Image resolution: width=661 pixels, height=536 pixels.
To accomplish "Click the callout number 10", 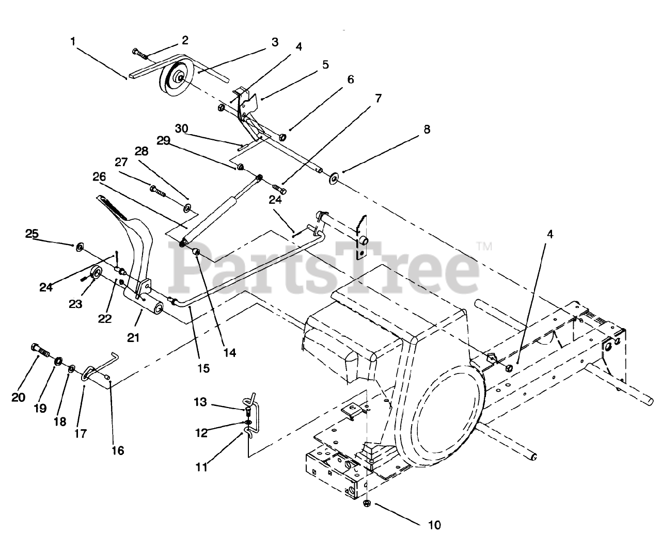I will coord(434,525).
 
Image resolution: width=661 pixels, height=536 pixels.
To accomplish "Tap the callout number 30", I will coord(181,128).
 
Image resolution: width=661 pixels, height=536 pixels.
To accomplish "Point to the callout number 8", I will coord(427,129).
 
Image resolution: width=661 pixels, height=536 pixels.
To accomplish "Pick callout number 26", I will coord(99,176).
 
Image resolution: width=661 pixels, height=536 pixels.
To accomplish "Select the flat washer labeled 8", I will coord(334,179).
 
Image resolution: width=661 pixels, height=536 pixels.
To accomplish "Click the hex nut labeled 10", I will coord(367,503).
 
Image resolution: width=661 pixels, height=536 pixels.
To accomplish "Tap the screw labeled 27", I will coord(157,190).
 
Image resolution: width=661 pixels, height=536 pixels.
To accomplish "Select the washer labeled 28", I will coord(186,208).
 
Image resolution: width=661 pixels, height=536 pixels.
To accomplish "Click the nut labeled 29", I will coord(240,168).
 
